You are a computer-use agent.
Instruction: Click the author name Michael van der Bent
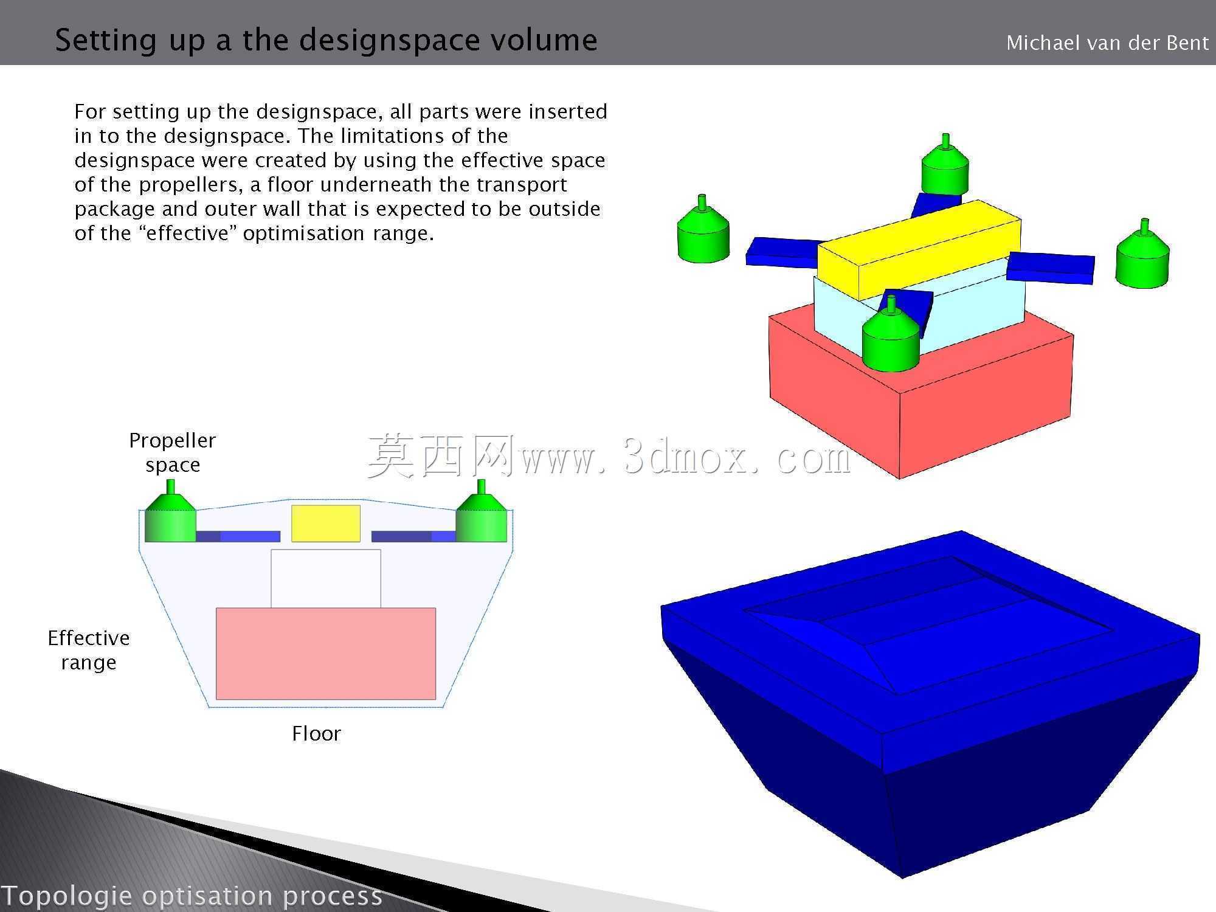(1107, 43)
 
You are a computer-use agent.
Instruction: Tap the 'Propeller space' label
(173, 452)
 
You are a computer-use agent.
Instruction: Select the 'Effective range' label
(89, 650)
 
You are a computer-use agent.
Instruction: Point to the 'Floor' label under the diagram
(316, 733)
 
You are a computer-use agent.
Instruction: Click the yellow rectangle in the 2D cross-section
(326, 523)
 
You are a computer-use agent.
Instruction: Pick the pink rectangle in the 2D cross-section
(326, 654)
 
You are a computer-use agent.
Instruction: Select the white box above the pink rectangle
(326, 578)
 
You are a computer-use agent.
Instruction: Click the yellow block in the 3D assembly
(919, 249)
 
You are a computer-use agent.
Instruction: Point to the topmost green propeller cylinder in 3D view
(945, 164)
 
